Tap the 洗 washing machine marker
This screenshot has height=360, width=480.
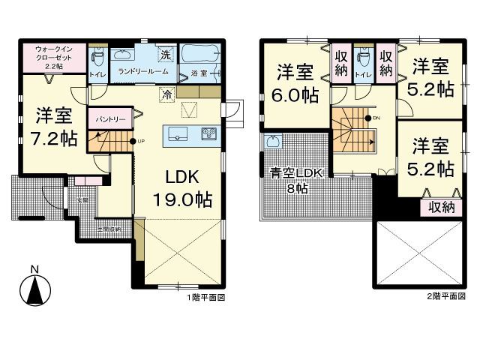click(166, 53)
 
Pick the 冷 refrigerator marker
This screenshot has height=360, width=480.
click(165, 95)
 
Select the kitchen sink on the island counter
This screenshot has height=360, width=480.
click(178, 133)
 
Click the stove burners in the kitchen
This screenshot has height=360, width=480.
click(208, 134)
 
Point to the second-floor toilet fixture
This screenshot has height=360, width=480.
click(364, 58)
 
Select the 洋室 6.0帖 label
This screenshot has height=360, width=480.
click(294, 82)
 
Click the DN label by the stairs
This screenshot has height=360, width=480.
click(377, 118)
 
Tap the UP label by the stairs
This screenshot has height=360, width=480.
click(139, 142)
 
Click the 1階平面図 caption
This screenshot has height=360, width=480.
click(206, 298)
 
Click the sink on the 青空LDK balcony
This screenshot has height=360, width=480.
click(271, 142)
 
